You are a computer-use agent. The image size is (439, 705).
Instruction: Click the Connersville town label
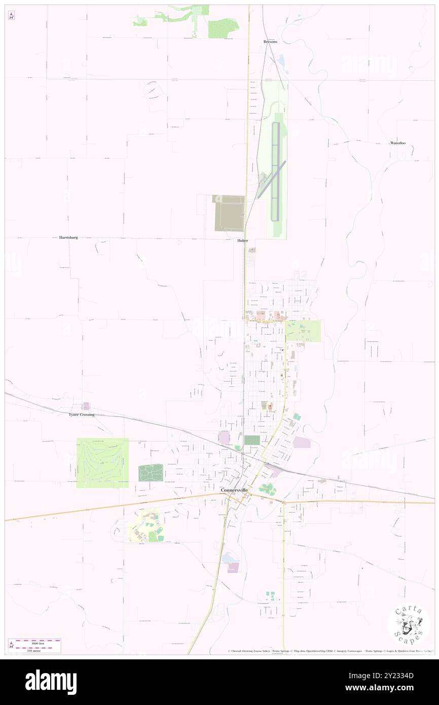[x=234, y=490]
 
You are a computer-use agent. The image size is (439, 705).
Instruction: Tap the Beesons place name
[x=270, y=42]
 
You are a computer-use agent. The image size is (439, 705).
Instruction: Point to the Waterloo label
[x=398, y=143]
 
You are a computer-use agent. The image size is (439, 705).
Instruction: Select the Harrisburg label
[x=68, y=237]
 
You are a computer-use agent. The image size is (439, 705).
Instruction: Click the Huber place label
[x=242, y=240]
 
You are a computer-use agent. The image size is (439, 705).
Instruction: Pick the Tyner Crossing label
[x=81, y=414]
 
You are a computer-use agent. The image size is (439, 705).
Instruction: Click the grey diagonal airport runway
[x=272, y=180]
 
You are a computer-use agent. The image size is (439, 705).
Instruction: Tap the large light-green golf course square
[x=102, y=463]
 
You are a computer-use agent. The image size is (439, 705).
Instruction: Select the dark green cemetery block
[x=151, y=473]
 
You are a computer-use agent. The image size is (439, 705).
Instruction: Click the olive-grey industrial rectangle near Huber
[x=229, y=213]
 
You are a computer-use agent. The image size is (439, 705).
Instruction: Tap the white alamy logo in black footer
[x=51, y=682]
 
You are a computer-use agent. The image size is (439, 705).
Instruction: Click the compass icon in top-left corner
[x=11, y=16]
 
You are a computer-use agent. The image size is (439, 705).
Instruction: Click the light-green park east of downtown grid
[x=303, y=331]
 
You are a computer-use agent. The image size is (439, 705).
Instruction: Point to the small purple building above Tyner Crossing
[x=86, y=406]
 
